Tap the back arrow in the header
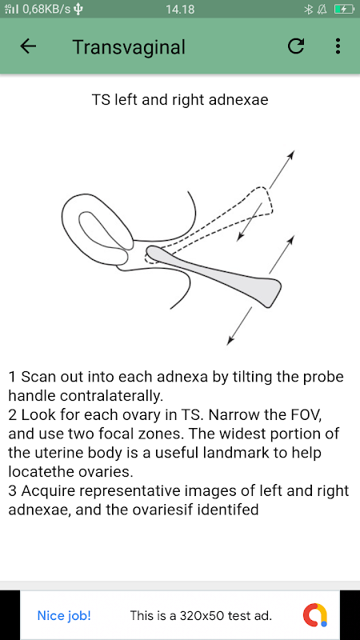click(28, 46)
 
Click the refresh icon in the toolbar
click(296, 46)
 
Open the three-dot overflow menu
click(338, 46)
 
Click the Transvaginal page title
click(129, 47)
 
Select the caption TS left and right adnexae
click(180, 100)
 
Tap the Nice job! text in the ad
click(64, 615)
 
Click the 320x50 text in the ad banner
click(202, 615)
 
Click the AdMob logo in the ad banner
click(315, 615)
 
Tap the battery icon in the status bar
click(342, 9)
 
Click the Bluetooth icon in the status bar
click(308, 9)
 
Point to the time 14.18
click(180, 10)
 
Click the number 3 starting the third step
click(12, 491)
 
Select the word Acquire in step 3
click(46, 491)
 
